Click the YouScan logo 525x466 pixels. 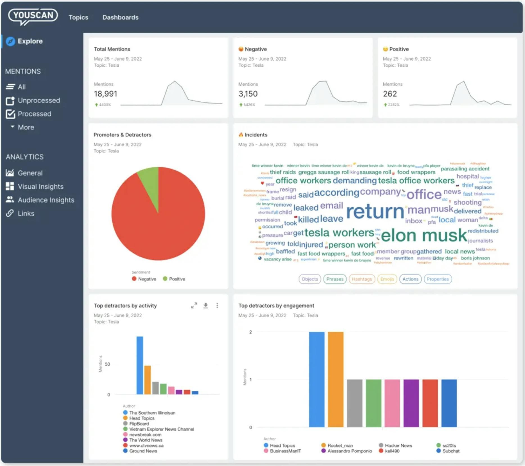[x=33, y=16]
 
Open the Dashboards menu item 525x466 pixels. [x=120, y=17]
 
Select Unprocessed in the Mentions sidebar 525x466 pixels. [x=39, y=100]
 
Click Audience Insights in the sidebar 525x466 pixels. [x=46, y=200]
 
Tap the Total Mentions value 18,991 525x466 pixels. [x=105, y=94]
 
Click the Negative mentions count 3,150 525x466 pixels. [x=248, y=94]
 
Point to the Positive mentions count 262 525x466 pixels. [x=390, y=94]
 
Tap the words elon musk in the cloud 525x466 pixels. [x=424, y=235]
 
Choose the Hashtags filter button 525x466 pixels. [x=362, y=279]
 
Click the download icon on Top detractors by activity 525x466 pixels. [x=206, y=305]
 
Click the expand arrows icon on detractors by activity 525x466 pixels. [x=194, y=305]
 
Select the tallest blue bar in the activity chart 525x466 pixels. [x=140, y=365]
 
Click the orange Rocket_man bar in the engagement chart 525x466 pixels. [x=336, y=379]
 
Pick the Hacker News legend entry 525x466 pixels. [x=398, y=446]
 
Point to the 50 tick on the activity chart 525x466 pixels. [x=107, y=364]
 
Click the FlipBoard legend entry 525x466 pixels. [x=139, y=424]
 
